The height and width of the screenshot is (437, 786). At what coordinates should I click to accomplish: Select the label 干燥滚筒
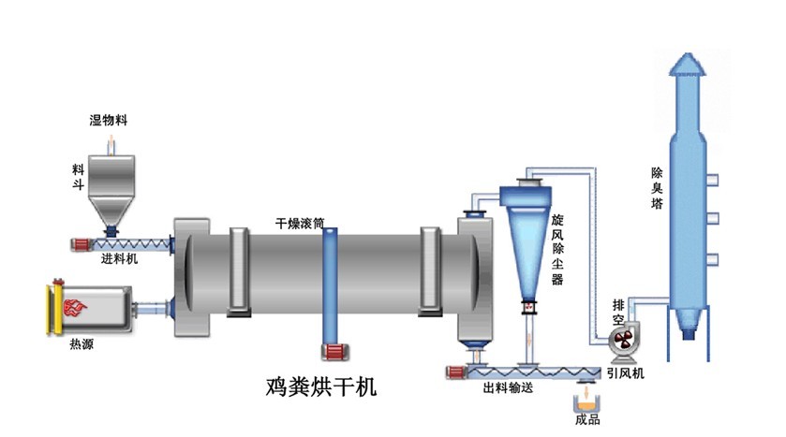[299, 225]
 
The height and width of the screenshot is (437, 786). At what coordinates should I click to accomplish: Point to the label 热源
[82, 343]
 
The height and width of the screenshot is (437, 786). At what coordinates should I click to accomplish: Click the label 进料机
[119, 259]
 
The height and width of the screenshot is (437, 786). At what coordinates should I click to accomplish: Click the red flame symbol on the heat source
[71, 305]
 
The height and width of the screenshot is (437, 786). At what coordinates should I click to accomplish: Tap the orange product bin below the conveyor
[587, 401]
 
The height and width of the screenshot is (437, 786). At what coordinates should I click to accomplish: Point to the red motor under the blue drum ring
[332, 352]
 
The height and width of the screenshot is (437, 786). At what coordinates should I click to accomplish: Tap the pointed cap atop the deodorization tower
[690, 64]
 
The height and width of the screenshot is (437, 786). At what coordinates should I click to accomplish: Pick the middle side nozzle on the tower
[712, 218]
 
